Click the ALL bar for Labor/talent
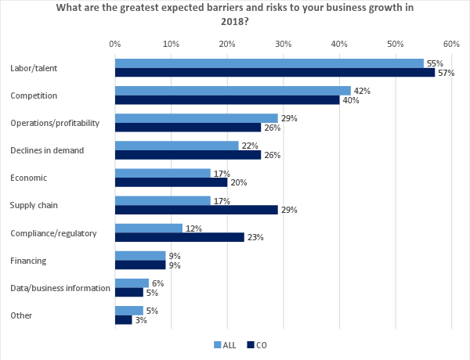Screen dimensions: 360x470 coord(269,63)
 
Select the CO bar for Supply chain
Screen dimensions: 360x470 coord(197,210)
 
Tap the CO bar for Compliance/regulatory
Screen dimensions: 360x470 coord(179,237)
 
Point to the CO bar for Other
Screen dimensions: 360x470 coord(124,319)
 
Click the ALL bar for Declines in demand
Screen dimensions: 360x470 coord(176,146)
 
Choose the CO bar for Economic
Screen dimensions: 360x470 coord(171,182)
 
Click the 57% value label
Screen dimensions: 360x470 coord(446,73)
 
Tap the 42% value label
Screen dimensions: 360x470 coord(361,91)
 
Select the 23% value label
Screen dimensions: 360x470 coord(255,237)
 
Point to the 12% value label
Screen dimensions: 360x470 coord(193,228)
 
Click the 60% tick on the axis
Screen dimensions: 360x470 coord(451,44)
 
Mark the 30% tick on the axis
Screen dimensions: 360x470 coord(283,44)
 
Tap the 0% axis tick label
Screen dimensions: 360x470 coord(114,44)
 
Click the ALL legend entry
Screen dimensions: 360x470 coord(225,344)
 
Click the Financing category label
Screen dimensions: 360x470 coord(27,260)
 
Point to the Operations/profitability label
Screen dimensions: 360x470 coord(54,123)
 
